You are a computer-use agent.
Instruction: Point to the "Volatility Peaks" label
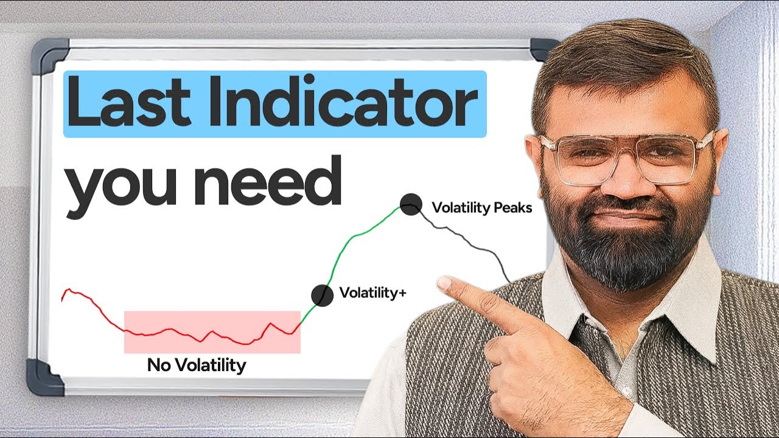click(x=481, y=208)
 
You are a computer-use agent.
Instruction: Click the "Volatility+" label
click(x=372, y=293)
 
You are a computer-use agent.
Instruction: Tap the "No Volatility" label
click(x=197, y=365)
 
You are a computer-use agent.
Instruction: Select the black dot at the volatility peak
click(x=411, y=204)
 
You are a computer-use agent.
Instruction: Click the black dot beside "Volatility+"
click(x=322, y=295)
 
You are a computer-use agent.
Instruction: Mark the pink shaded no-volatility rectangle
click(x=212, y=332)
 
